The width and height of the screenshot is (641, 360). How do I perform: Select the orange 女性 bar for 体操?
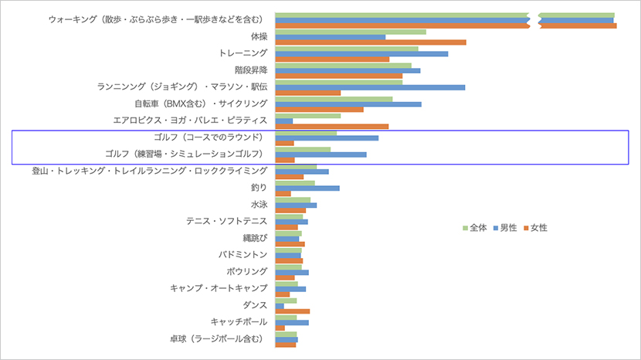pos(370,42)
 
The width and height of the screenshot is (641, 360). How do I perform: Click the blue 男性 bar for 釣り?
pos(307,188)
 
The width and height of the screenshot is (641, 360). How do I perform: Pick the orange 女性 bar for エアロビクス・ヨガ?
pos(331,126)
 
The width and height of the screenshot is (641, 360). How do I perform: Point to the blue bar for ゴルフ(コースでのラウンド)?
pos(326,138)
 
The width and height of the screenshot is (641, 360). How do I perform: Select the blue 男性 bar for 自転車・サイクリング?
pos(348,104)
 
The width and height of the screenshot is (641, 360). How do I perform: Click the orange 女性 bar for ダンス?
pos(292,311)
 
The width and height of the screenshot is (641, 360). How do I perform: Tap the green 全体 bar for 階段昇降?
pos(343,65)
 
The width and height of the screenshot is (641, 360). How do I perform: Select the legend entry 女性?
pos(534,228)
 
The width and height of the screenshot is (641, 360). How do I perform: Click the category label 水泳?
pos(259,205)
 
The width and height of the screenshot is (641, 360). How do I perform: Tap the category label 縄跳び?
pos(254,238)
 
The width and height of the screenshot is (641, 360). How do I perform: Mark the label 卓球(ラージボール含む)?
pos(219,338)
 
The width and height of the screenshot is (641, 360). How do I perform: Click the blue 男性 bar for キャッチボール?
pos(291,322)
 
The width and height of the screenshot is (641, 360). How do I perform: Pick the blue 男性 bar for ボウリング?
pos(291,272)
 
